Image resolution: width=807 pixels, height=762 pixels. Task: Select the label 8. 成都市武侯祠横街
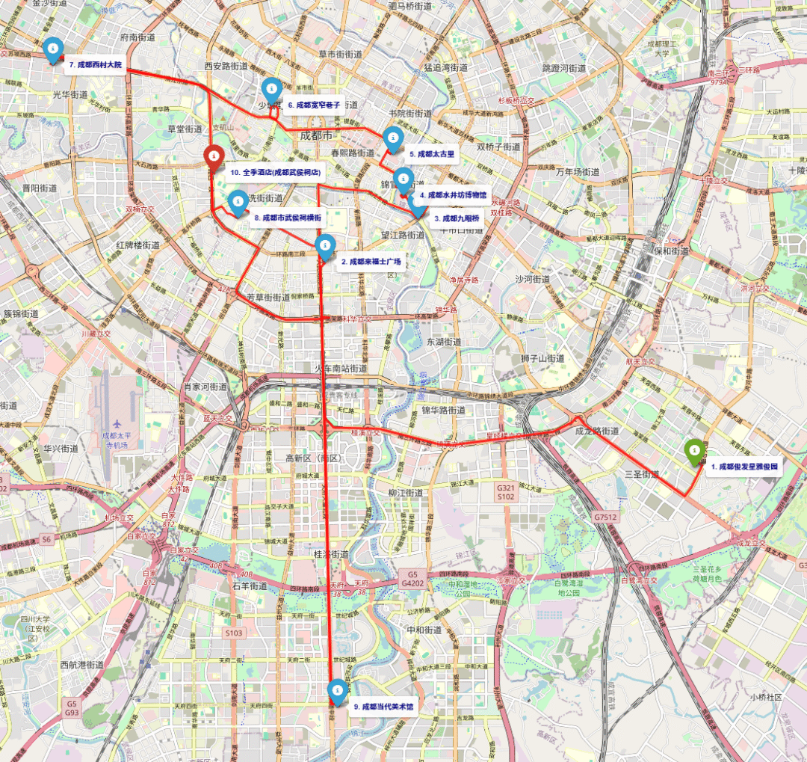click(288, 218)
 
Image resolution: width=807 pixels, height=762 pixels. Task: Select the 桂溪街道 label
click(330, 555)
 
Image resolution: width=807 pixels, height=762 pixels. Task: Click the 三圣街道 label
click(642, 474)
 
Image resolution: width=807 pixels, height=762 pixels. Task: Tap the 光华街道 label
click(70, 95)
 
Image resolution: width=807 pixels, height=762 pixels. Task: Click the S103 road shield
click(234, 633)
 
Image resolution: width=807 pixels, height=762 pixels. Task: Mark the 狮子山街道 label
click(543, 359)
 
